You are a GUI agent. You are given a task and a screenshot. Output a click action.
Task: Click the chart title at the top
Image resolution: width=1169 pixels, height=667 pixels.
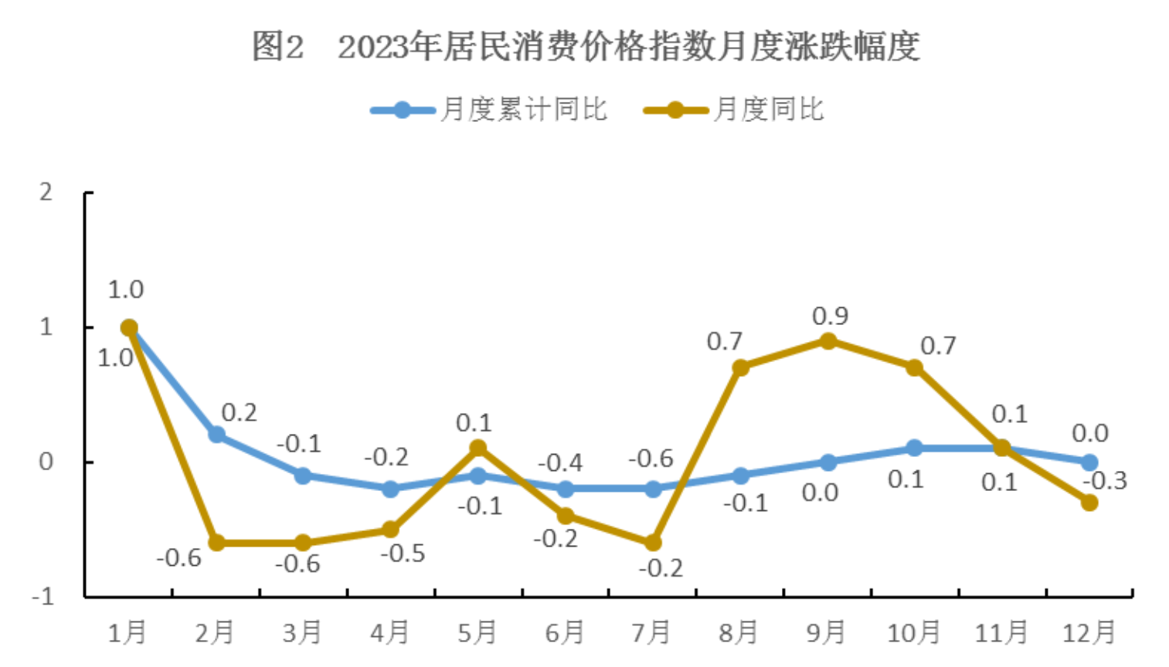click(x=585, y=47)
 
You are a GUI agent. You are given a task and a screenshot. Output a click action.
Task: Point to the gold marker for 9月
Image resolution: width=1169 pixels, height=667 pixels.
click(x=827, y=341)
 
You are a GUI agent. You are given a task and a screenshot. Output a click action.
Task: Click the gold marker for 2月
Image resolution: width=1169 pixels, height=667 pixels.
click(x=216, y=543)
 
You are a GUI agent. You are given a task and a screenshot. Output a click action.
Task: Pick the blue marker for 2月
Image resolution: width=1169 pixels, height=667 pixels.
click(x=216, y=435)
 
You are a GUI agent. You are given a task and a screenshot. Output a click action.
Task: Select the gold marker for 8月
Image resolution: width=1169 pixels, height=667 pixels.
click(x=740, y=367)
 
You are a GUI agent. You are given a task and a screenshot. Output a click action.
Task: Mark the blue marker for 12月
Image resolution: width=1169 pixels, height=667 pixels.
click(x=1089, y=462)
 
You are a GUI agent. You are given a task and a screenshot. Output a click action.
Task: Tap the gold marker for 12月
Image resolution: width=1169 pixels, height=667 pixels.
click(x=1089, y=503)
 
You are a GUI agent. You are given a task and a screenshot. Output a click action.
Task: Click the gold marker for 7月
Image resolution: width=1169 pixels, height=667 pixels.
click(x=653, y=543)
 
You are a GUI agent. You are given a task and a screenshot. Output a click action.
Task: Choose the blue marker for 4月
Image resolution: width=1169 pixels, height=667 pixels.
click(x=391, y=489)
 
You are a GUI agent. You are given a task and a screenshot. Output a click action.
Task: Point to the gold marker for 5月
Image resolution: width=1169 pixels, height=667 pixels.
click(x=478, y=448)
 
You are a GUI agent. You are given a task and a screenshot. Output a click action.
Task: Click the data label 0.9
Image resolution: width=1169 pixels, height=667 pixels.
click(x=830, y=316)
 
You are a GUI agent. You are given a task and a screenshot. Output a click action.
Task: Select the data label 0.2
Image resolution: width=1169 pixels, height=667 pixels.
click(x=240, y=413)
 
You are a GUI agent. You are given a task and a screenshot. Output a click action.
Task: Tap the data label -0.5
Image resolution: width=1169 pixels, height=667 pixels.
click(x=403, y=554)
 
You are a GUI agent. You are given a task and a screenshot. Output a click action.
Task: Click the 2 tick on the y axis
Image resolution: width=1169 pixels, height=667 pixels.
click(x=46, y=191)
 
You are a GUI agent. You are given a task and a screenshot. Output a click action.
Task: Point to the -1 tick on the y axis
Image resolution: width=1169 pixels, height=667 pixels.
click(x=43, y=596)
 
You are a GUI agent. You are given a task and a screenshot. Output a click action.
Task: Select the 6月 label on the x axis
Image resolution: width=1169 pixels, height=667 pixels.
click(x=564, y=633)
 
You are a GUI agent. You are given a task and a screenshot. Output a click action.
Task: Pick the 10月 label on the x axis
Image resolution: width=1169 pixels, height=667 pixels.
click(x=913, y=633)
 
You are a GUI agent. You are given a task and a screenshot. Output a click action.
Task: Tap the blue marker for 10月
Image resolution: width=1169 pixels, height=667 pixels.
click(x=915, y=448)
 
